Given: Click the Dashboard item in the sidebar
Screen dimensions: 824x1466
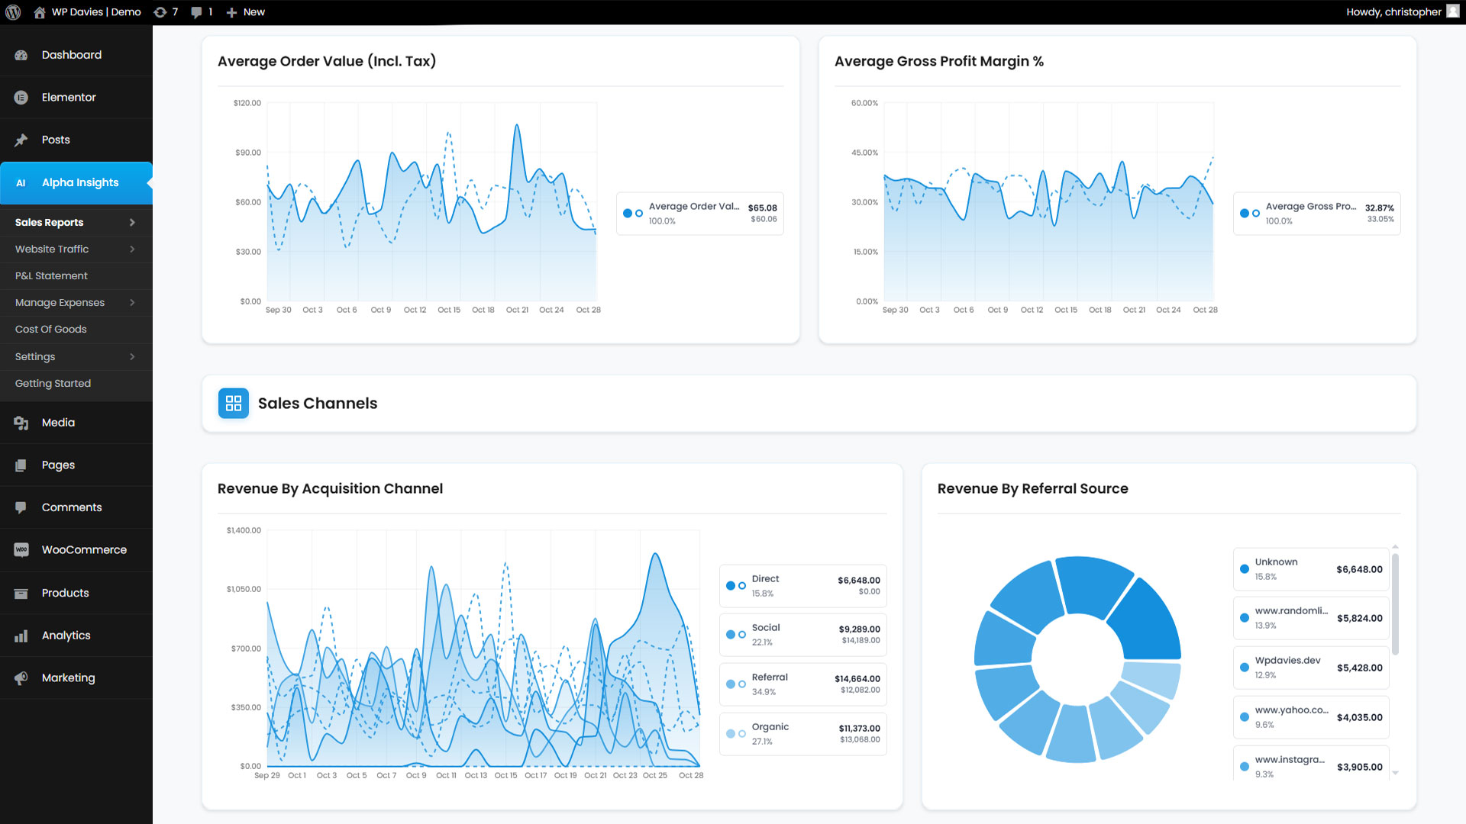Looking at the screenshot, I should point(71,55).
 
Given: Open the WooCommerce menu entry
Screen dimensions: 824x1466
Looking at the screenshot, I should point(84,550).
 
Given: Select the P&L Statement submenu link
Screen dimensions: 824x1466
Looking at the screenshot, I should point(51,276).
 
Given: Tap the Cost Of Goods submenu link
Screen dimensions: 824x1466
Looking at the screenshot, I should point(50,330).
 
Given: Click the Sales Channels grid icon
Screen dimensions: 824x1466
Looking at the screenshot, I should point(234,404).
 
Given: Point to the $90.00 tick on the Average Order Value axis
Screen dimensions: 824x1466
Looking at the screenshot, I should point(248,153).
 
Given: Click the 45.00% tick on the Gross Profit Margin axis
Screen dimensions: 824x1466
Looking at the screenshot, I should point(864,153).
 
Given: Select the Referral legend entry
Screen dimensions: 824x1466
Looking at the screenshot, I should point(769,678).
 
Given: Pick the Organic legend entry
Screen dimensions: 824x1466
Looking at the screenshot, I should point(770,727).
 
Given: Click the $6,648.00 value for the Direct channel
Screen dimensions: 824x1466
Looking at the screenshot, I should point(858,581).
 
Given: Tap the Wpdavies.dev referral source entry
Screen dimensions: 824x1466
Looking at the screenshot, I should point(1287,661).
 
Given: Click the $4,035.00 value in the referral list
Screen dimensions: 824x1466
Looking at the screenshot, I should point(1359,718).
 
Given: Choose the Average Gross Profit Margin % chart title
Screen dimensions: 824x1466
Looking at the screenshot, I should point(938,62).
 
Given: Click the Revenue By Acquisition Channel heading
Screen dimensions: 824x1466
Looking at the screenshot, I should point(330,489).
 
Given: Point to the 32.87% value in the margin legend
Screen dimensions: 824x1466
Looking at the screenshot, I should point(1379,208).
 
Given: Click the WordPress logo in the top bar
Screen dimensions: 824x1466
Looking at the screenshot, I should point(13,12).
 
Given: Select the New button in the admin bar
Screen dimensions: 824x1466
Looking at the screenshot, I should point(246,12).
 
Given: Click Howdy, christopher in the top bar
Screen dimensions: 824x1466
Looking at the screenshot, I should point(1393,12).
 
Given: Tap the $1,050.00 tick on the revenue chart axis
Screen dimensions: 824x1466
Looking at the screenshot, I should point(244,590).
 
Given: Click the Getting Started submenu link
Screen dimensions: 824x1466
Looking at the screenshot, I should point(53,384).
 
